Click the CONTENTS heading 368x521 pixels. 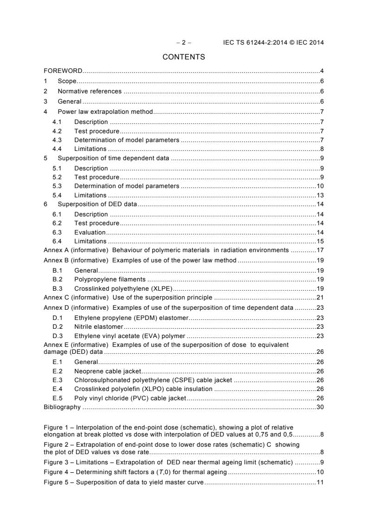coord(184,58)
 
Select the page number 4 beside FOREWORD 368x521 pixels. coord(322,72)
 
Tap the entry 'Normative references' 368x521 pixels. coord(89,91)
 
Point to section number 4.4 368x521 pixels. coord(57,149)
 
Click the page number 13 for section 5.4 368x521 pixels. coord(320,195)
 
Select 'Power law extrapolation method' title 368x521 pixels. coord(105,112)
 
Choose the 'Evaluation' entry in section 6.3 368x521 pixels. coord(90,232)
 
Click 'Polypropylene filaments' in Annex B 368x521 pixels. coord(110,280)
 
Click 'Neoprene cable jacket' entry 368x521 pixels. coord(107,371)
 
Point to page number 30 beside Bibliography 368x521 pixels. coord(320,407)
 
